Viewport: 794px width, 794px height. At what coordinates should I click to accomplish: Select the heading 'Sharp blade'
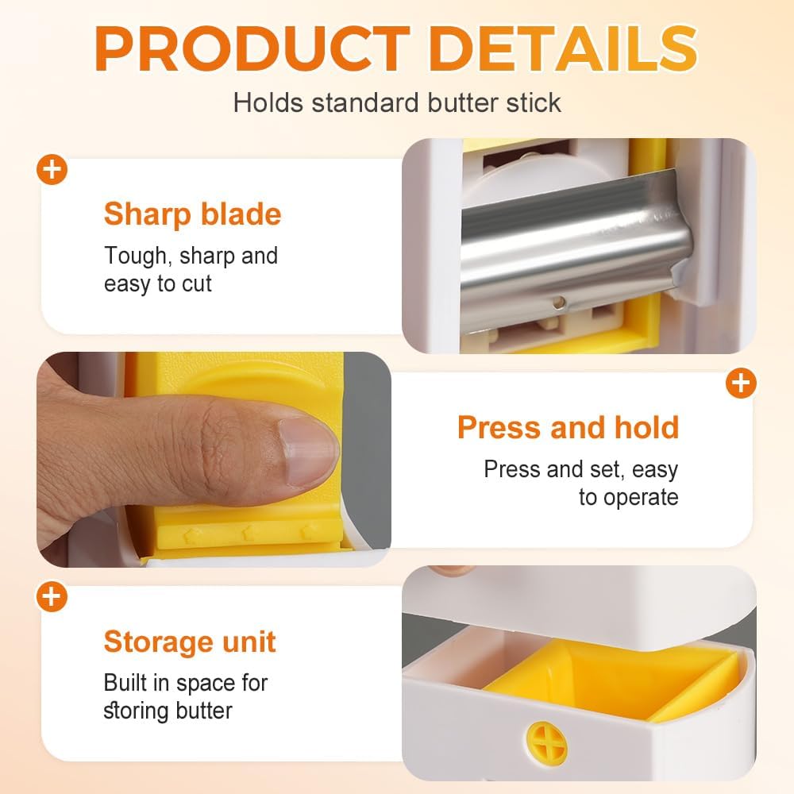pyautogui.click(x=192, y=214)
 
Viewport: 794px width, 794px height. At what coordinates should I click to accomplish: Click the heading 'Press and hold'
pyautogui.click(x=568, y=427)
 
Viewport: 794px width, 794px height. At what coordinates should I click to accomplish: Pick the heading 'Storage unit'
pyautogui.click(x=190, y=641)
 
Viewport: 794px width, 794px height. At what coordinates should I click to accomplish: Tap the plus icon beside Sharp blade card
pyautogui.click(x=53, y=171)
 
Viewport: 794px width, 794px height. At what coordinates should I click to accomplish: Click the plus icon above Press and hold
pyautogui.click(x=740, y=384)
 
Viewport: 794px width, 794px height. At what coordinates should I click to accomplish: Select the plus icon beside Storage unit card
pyautogui.click(x=53, y=596)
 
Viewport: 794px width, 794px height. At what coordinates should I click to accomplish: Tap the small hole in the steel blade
pyautogui.click(x=559, y=301)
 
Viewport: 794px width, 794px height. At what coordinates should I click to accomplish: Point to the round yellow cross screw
pyautogui.click(x=548, y=743)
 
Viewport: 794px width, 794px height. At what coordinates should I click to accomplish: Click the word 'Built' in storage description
pyautogui.click(x=127, y=682)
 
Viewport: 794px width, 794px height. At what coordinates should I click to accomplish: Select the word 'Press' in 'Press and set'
pyautogui.click(x=511, y=469)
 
